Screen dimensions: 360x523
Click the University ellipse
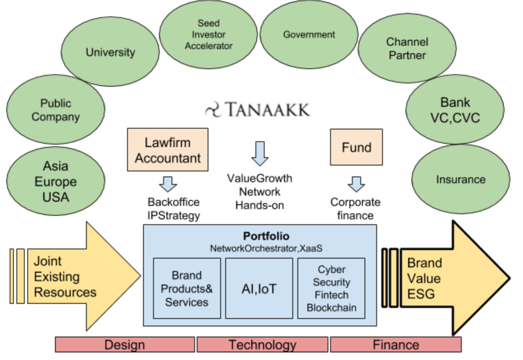tap(110, 52)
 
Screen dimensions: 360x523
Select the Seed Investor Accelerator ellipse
tap(208, 34)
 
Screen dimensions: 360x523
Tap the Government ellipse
tap(309, 35)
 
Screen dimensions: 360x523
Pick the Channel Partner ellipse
tap(407, 49)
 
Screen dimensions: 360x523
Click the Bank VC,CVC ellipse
tap(455, 110)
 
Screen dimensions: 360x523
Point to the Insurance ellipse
tap(461, 180)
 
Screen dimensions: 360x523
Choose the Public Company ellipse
tap(56, 110)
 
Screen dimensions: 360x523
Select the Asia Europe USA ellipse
tap(56, 181)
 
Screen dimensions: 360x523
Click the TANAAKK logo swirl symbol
tap(214, 110)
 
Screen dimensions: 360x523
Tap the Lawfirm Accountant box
tap(168, 150)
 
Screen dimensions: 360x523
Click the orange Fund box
tap(356, 147)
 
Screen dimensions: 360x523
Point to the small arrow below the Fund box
tap(356, 184)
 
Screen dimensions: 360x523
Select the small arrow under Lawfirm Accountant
tap(168, 184)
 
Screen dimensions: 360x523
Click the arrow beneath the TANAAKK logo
tap(260, 153)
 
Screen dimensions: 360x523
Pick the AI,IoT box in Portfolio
tap(259, 288)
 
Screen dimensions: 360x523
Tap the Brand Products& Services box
tap(187, 288)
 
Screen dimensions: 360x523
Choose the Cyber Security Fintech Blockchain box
tap(331, 288)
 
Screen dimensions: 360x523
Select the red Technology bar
tap(262, 345)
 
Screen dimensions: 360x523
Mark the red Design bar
tap(125, 345)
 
